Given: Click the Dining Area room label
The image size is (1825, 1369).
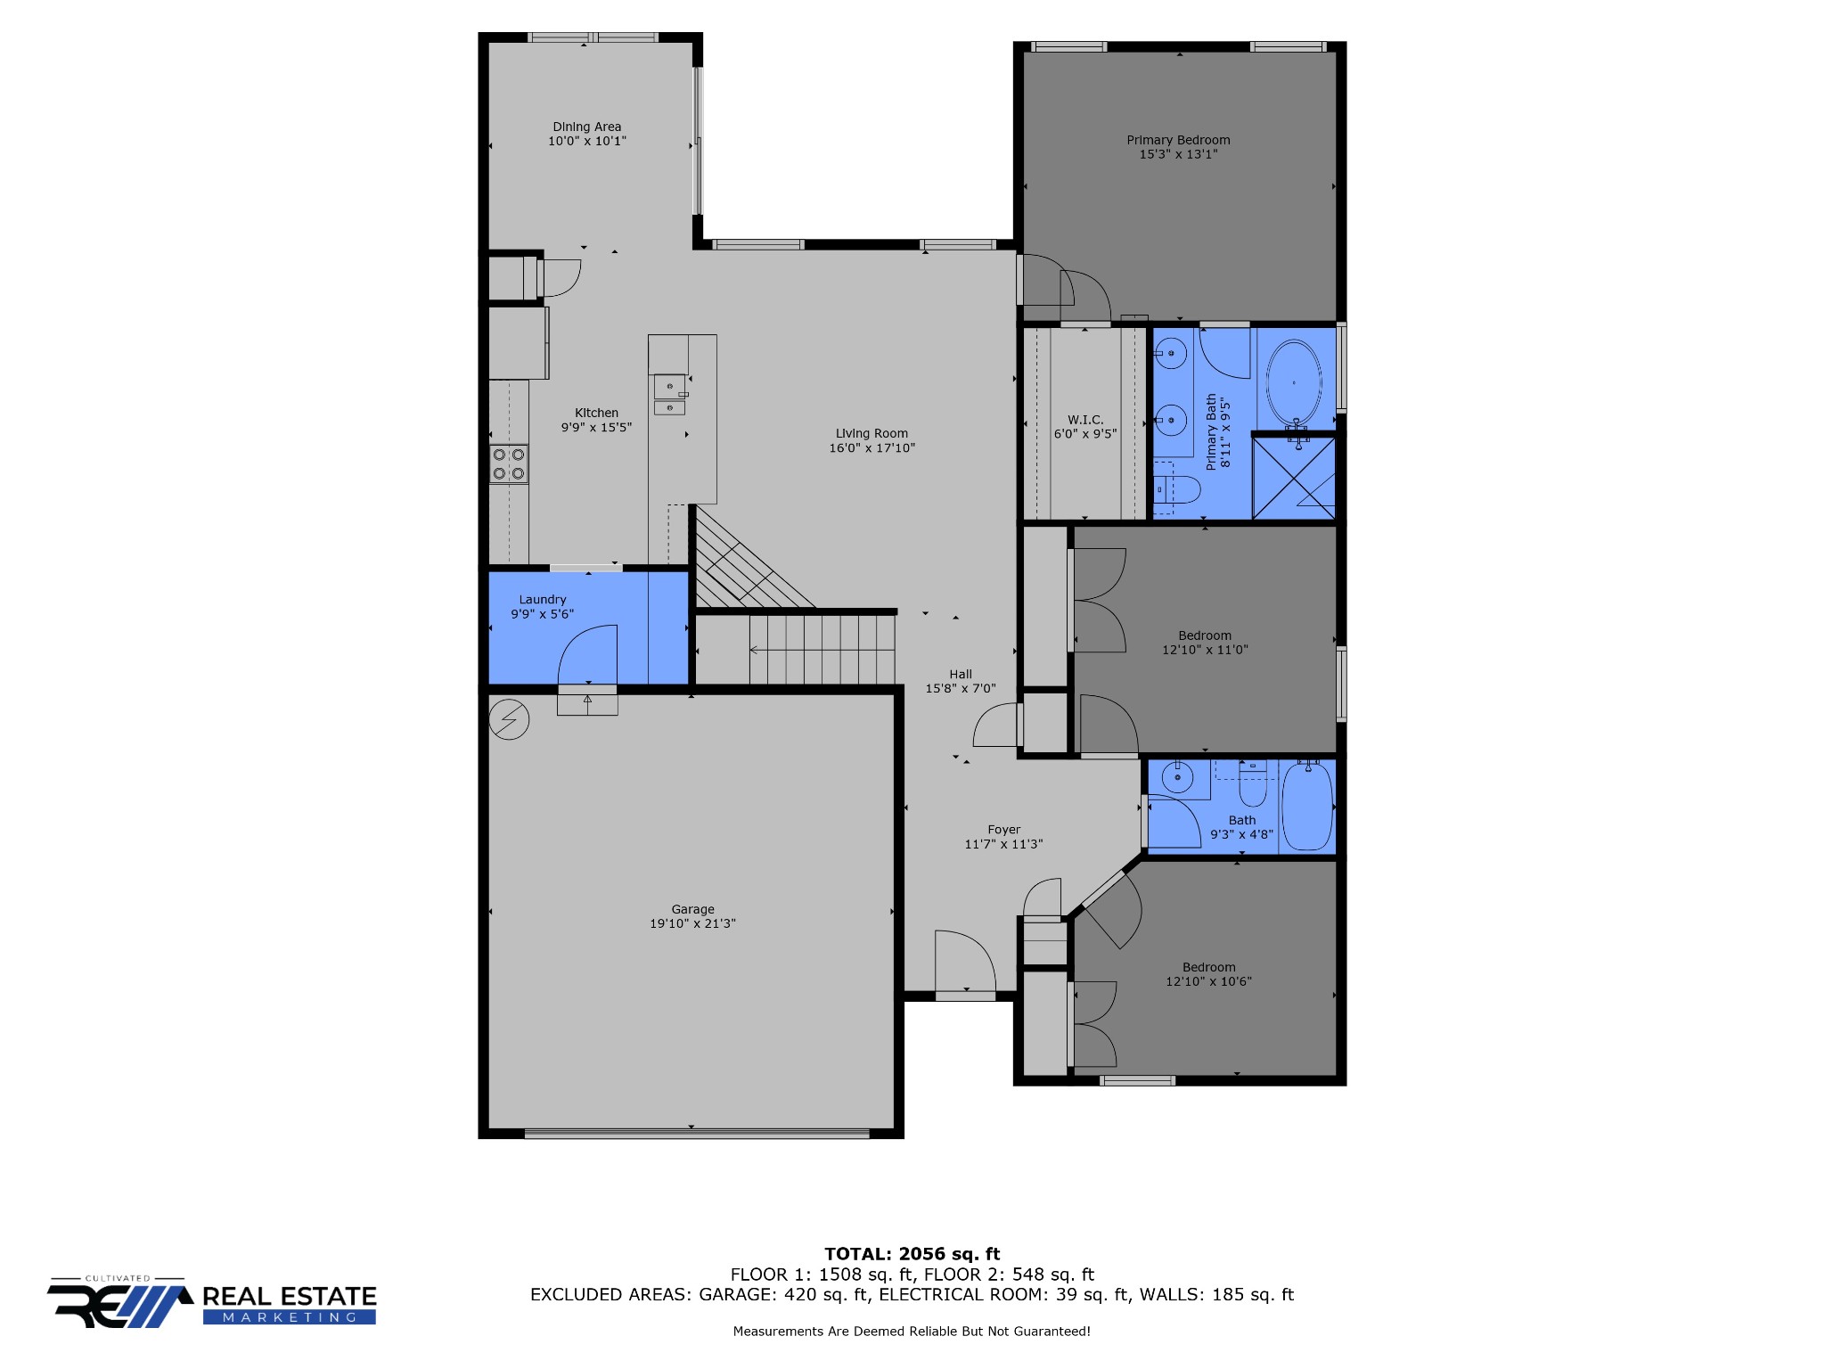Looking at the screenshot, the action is [586, 127].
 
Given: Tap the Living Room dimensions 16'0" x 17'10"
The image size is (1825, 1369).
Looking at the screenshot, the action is [872, 448].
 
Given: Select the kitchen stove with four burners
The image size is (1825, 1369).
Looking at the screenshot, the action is [509, 464].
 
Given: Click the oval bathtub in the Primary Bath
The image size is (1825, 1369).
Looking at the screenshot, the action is [1295, 382].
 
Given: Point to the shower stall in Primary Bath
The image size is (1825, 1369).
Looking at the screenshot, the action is [1294, 476].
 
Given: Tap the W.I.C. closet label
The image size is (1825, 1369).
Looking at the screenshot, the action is [1085, 420].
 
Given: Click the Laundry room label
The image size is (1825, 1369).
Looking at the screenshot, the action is [543, 600].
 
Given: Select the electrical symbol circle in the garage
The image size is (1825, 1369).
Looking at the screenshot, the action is [510, 719].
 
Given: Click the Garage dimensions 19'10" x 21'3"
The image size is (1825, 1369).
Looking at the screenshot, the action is [692, 923].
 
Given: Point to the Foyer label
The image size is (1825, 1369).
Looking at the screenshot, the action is [1004, 830].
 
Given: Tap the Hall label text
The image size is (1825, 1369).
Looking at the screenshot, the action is [961, 675].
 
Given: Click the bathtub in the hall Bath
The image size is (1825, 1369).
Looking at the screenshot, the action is [1307, 807].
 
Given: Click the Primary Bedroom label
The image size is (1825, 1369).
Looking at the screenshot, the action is [1178, 140].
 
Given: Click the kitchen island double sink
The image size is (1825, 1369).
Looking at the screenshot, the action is [670, 395].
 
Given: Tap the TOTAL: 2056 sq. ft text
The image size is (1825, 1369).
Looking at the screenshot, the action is [912, 1254].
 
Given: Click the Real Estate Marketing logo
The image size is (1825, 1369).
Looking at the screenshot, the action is [212, 1302].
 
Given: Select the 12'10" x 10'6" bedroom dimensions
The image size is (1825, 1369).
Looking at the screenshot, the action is [1208, 981].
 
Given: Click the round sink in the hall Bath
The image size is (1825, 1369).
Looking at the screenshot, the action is [1178, 778].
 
